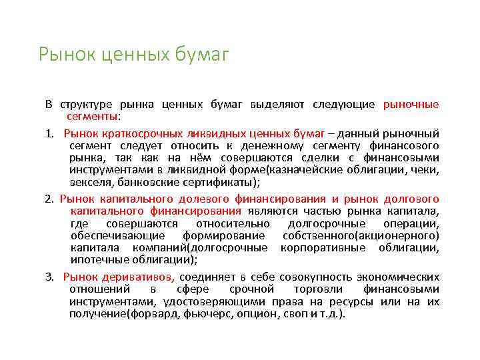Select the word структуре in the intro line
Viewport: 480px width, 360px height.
(x=87, y=105)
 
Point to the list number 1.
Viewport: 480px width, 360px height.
(x=49, y=133)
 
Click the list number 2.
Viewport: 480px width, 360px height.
(x=49, y=199)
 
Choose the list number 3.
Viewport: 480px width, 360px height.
(x=49, y=276)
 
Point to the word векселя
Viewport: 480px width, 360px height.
(x=89, y=182)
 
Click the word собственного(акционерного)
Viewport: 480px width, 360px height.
(x=361, y=236)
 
